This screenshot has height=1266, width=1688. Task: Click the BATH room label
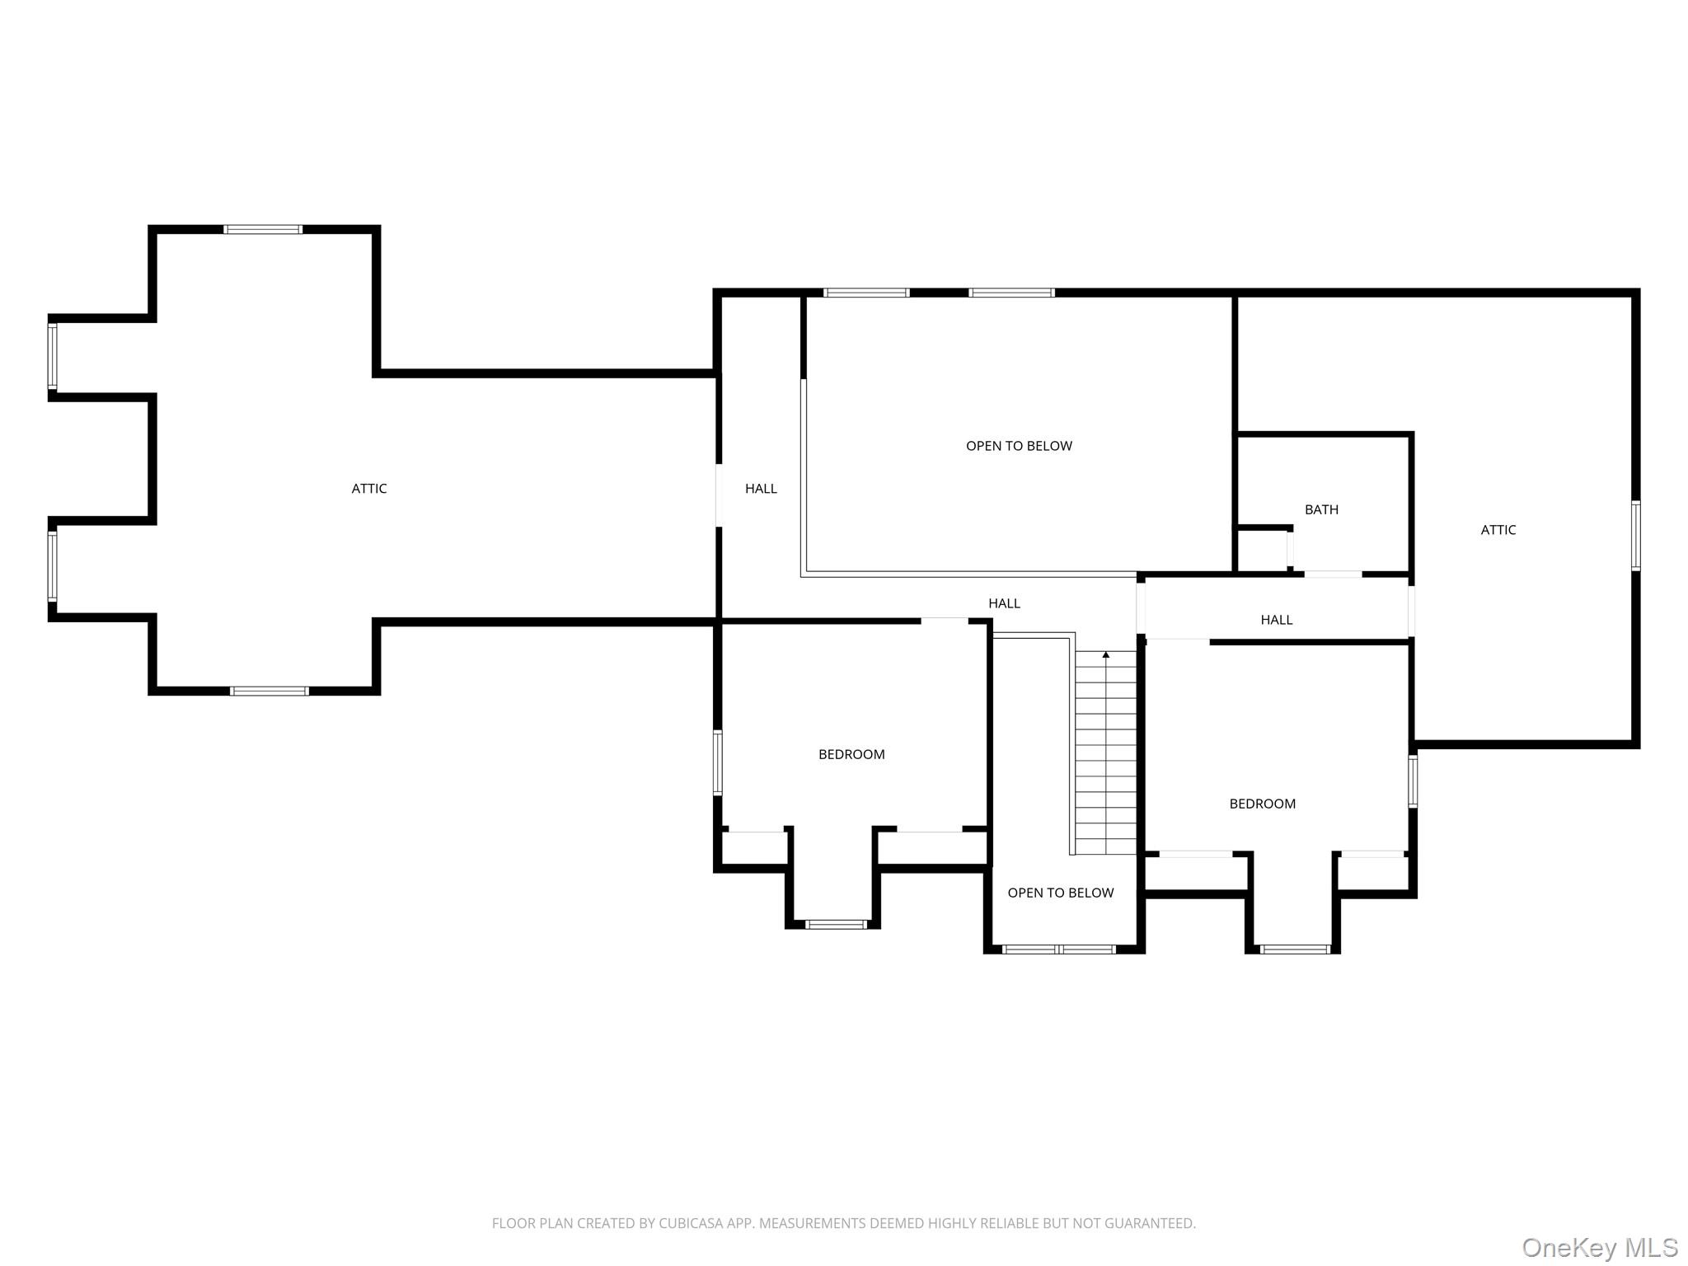pos(1321,510)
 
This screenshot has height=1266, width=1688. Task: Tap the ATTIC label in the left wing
pos(369,489)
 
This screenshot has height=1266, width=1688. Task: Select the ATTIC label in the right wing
pos(1498,530)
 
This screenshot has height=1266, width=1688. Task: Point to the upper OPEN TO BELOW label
pos(1019,446)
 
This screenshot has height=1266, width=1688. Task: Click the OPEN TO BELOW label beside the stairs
pos(1061,893)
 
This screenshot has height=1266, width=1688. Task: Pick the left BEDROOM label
pos(851,754)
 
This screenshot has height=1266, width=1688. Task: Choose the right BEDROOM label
pos(1263,804)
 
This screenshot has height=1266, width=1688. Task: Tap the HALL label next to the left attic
pos(761,489)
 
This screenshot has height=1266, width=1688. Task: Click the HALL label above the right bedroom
pos(1277,620)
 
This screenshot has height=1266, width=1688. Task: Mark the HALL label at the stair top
pos(1005,603)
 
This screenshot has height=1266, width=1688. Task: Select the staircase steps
pos(1106,752)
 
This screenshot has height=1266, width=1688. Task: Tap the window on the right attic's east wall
pos(1636,535)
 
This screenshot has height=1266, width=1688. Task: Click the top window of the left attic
pos(263,229)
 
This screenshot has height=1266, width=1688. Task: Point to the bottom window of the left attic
pos(270,691)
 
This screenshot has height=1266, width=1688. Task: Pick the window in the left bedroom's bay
pos(836,924)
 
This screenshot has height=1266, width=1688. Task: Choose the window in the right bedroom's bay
pos(1295,949)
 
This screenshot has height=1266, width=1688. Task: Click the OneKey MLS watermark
pos(1600,1247)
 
